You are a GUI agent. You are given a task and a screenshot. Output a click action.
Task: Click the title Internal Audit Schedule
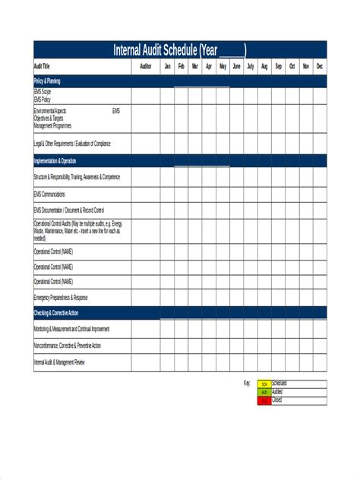(179, 51)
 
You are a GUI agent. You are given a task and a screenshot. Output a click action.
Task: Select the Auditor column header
(146, 67)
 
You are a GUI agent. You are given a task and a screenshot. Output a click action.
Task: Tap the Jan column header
(167, 67)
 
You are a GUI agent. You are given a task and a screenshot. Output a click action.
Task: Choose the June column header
(236, 67)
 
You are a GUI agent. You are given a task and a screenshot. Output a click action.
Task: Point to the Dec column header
(319, 67)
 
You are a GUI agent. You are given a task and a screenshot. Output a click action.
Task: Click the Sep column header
(278, 67)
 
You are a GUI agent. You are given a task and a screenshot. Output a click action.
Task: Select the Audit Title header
(42, 67)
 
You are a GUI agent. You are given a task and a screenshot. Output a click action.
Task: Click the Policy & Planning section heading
(48, 80)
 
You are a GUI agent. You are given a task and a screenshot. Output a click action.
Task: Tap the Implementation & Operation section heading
(55, 161)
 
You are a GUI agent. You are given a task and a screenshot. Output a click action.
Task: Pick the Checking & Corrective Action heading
(56, 313)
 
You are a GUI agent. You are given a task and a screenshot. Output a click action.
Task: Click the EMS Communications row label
(49, 194)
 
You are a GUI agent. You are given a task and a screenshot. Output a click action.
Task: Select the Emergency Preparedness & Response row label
(61, 297)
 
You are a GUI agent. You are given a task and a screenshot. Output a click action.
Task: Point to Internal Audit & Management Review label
(59, 362)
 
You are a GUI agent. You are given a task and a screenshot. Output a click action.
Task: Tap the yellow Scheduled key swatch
(264, 384)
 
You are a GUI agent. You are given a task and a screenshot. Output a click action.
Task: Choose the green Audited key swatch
(264, 392)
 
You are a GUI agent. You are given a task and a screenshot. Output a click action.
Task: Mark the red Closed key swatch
(264, 399)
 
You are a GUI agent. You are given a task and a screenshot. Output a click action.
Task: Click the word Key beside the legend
(247, 384)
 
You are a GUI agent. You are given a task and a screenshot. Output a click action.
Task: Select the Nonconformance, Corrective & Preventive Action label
(67, 346)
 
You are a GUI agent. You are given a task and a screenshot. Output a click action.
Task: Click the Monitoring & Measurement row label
(71, 329)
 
